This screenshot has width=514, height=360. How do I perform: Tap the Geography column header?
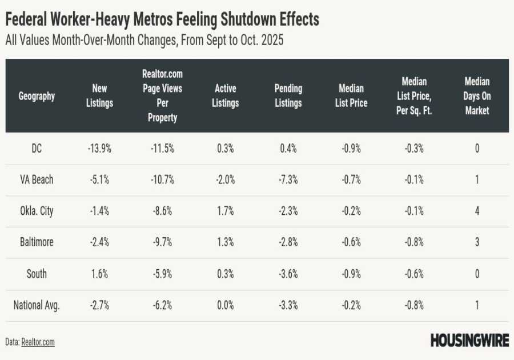tap(37, 96)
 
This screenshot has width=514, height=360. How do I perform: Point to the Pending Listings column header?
tap(288, 96)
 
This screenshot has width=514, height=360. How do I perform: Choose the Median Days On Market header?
tap(477, 96)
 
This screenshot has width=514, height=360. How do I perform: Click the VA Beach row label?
tap(37, 179)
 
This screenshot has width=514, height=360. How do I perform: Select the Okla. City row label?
tap(37, 211)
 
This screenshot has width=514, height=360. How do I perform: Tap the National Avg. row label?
tap(37, 305)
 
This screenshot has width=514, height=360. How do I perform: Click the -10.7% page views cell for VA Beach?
tap(162, 179)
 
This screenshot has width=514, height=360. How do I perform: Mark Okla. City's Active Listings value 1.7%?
tap(226, 211)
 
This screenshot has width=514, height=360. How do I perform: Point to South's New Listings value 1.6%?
tap(99, 274)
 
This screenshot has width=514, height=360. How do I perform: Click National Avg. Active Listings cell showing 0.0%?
tap(225, 305)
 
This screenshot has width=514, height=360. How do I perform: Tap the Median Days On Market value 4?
tap(477, 211)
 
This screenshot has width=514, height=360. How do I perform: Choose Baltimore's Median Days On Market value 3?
tap(477, 242)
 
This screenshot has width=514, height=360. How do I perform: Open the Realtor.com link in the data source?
tap(38, 342)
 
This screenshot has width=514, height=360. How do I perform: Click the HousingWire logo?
tap(469, 341)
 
